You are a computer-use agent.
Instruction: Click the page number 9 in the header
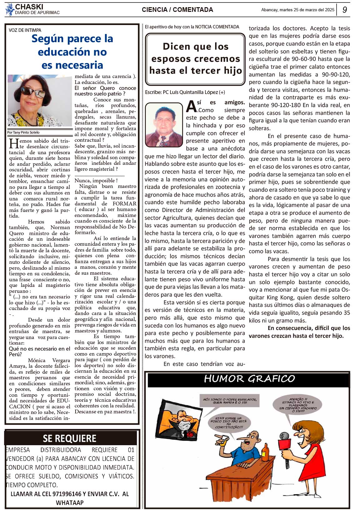344,10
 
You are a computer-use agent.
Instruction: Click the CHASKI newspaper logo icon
10,9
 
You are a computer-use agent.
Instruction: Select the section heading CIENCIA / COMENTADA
177,10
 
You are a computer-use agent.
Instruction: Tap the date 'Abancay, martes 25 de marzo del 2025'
298,10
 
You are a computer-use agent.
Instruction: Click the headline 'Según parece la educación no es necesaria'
72,52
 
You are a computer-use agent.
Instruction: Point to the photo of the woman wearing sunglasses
40,101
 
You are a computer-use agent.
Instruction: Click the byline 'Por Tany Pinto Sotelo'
23,132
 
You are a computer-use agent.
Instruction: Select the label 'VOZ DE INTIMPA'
25,30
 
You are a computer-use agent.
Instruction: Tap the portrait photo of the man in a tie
164,125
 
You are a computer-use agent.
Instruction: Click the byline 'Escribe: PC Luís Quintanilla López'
185,92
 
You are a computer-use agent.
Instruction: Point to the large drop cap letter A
191,106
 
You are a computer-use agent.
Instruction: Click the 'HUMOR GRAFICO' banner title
249,379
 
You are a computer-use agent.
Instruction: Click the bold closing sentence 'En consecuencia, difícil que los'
308,328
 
